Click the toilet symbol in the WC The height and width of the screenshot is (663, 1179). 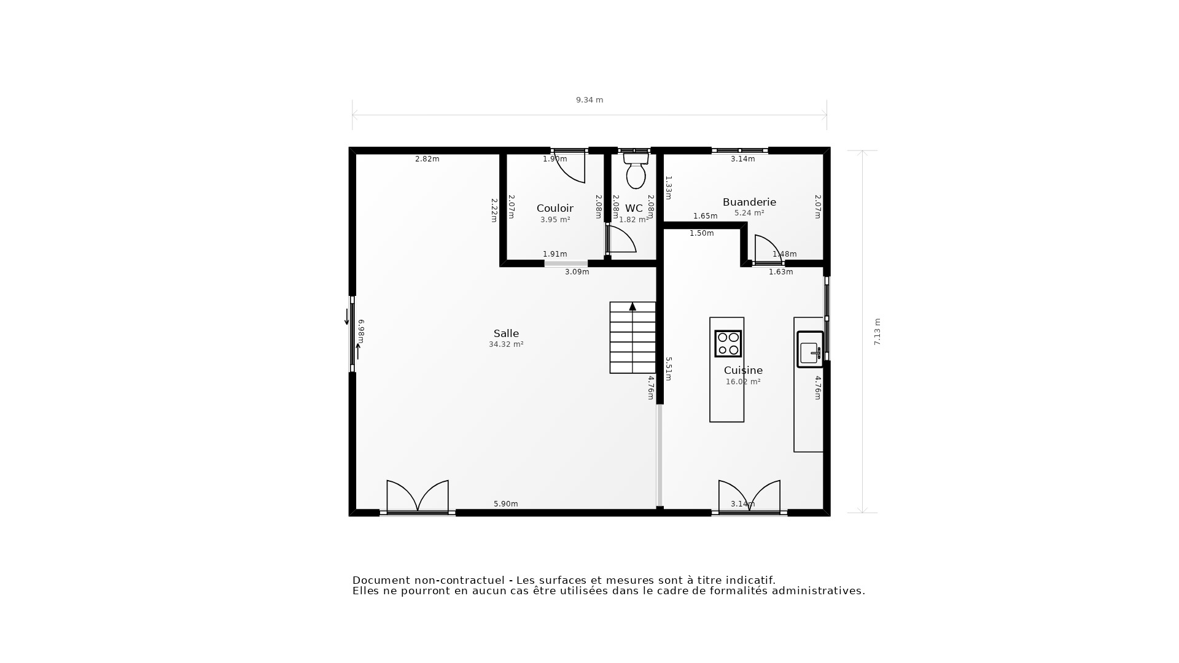click(x=636, y=171)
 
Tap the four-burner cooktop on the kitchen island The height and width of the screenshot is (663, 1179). click(x=728, y=344)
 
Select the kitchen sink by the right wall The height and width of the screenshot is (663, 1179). click(x=809, y=350)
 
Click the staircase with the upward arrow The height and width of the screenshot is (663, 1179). click(x=632, y=338)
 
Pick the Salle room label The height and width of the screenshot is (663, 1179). click(x=506, y=333)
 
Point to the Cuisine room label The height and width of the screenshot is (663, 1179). click(x=743, y=370)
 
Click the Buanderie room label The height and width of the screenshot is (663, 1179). click(x=749, y=202)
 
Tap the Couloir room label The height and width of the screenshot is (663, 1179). click(x=554, y=208)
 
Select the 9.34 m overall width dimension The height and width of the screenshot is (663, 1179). click(x=589, y=100)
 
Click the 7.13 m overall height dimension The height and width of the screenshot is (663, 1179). click(x=877, y=331)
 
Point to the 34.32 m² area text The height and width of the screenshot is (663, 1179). click(x=506, y=345)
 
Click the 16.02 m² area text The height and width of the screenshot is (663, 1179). click(x=743, y=382)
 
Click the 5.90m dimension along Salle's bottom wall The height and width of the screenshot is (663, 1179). click(x=505, y=504)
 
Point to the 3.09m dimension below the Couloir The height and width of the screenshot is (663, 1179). click(x=577, y=272)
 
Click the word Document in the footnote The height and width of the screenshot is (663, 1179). click(x=380, y=580)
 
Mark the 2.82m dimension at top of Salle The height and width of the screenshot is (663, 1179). click(x=427, y=159)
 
